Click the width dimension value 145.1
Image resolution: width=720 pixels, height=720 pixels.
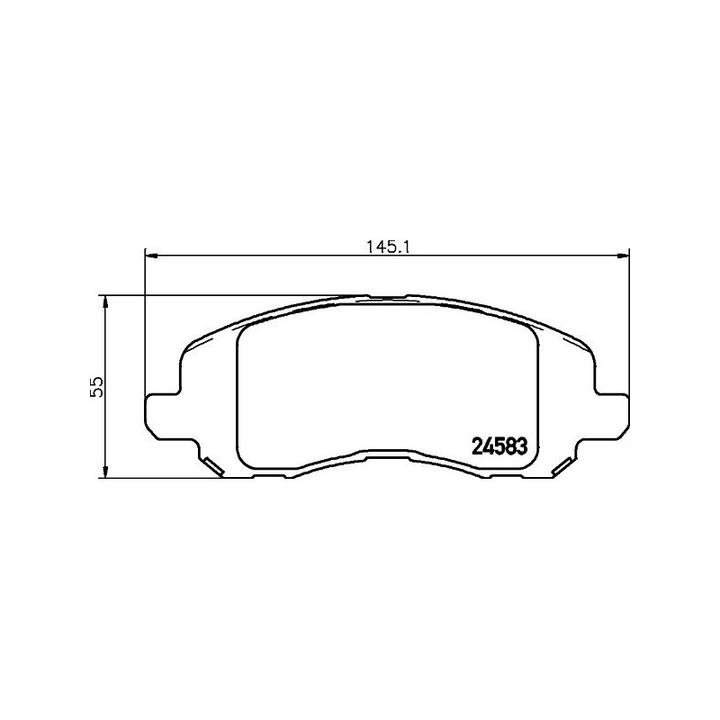click(388, 246)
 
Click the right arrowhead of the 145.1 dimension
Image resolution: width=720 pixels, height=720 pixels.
click(623, 256)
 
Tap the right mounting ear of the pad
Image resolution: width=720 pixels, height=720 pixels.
click(613, 416)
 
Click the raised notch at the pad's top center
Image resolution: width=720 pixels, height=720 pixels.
click(388, 295)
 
